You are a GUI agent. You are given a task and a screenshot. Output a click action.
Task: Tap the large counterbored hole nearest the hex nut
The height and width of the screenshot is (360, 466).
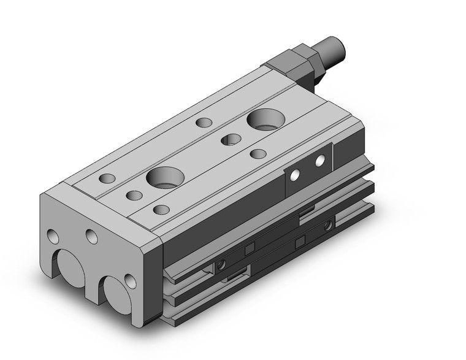[265, 120]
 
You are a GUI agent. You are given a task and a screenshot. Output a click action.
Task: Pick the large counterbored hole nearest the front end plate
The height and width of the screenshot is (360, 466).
[164, 178]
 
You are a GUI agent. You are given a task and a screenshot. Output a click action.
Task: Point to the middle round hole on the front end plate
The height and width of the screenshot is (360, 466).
[92, 236]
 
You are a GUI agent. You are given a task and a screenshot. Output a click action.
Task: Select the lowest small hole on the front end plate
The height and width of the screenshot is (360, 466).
[129, 281]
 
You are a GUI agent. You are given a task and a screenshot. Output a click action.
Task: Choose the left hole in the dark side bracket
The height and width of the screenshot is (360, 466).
[296, 175]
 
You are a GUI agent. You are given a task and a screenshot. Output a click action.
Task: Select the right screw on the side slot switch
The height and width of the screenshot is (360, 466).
[331, 225]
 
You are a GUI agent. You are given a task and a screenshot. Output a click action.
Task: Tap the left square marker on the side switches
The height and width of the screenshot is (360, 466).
[249, 249]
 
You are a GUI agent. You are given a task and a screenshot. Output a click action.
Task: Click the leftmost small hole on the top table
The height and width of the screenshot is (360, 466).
[108, 179]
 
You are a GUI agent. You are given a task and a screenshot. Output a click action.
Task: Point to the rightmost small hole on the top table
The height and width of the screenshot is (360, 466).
[258, 153]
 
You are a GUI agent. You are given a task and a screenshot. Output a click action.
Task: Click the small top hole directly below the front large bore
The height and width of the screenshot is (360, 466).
[161, 210]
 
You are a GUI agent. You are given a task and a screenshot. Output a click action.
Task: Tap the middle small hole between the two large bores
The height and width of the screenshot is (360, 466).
[231, 139]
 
